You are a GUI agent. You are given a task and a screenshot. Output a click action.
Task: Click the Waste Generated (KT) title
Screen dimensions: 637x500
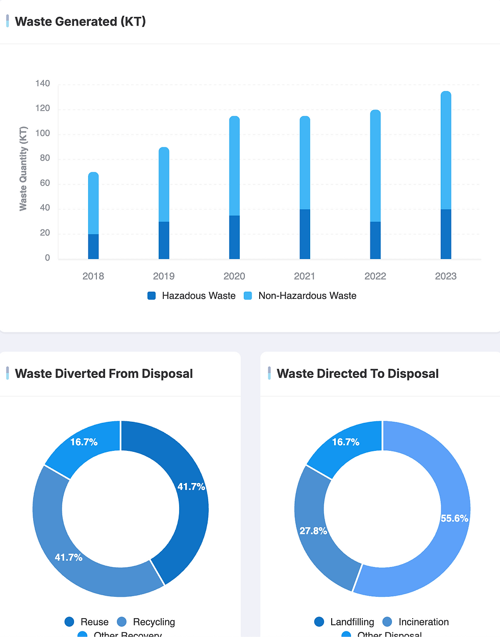pos(80,21)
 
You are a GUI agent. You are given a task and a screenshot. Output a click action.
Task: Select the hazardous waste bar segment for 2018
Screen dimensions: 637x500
pos(93,246)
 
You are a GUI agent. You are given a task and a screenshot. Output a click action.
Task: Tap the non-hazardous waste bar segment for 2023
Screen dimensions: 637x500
pos(446,150)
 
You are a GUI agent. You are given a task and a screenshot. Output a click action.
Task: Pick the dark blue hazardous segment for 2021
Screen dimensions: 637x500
pos(305,234)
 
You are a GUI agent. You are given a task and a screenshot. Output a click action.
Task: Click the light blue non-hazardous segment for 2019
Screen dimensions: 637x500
pos(164,185)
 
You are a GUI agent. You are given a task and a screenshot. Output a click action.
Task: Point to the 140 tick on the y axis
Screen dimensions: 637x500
pos(43,84)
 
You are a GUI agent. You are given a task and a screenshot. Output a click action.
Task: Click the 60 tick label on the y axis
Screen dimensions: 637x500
pos(45,183)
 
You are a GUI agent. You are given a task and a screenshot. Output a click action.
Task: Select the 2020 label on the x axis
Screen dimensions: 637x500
pos(234,276)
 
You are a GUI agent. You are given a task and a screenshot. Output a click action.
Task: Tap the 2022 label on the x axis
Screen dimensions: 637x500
pos(375,276)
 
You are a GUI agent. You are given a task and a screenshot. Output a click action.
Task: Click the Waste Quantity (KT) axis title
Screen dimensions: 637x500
pos(23,168)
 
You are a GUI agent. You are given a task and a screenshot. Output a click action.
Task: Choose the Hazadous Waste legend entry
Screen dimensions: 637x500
pos(192,296)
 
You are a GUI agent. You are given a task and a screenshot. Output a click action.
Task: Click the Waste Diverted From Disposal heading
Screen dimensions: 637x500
pos(104,374)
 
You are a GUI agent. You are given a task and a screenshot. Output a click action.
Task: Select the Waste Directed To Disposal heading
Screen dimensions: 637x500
pos(358,374)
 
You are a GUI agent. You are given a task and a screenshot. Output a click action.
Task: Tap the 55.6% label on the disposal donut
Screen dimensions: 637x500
pos(454,518)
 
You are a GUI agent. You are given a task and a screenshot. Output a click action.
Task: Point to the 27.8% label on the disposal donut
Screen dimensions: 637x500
pos(313,531)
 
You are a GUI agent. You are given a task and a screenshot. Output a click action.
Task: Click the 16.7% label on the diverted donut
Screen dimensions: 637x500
pos(84,442)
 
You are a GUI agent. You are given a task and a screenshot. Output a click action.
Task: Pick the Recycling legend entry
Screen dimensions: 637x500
pos(146,622)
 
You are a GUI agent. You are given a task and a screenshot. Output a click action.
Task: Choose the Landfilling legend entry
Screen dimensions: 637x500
pos(345,622)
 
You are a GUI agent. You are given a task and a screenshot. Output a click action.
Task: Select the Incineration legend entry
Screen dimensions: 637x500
pos(416,622)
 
